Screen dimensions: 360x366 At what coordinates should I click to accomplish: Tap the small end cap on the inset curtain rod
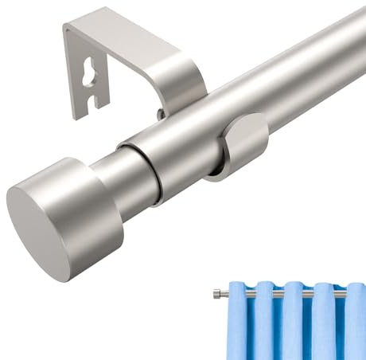216,294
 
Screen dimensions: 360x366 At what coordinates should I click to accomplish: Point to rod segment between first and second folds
253,294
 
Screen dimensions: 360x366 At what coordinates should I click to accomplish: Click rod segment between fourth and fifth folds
337,294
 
